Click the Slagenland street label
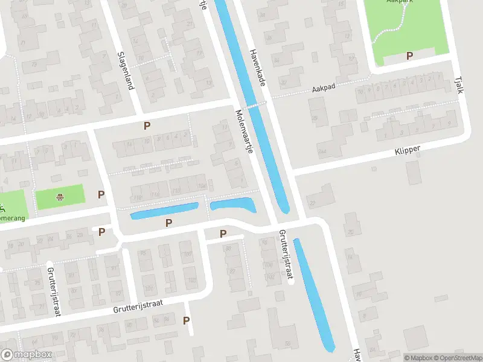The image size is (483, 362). coord(125,70)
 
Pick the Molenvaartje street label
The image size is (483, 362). coord(244,131)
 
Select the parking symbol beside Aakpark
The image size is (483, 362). coord(409,56)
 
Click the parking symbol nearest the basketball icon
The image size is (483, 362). coord(101,194)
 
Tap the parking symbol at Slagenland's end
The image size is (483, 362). coord(146,125)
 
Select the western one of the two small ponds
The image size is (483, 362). coord(164,211)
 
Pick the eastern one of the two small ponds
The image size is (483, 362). coord(233,205)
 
